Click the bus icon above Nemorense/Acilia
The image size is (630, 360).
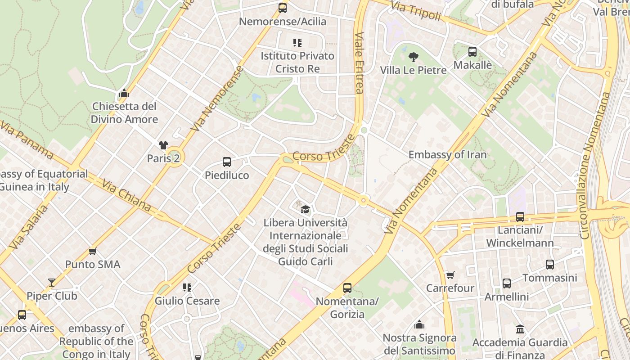coord(283,8)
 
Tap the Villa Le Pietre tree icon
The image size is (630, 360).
coord(413,57)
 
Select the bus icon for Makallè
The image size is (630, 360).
coord(472,52)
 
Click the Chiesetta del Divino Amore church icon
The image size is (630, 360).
coord(124,94)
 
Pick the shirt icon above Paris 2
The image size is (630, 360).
coord(163,145)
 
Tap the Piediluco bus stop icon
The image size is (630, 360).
coord(227,162)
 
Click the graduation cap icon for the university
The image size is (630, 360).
coord(305,209)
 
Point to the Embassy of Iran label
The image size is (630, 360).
coord(447,155)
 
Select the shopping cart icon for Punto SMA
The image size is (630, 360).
coord(93,251)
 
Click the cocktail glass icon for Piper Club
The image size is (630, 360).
coord(52,283)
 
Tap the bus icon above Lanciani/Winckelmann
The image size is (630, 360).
coord(520,217)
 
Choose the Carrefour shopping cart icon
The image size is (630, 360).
coord(450,275)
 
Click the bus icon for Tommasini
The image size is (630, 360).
coord(549,265)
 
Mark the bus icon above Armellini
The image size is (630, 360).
coord(506,283)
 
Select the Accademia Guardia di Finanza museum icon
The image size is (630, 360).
coord(520,329)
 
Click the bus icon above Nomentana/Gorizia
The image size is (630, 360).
coord(347,288)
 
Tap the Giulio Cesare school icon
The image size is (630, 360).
coord(187,288)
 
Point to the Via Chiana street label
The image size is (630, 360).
coord(126,196)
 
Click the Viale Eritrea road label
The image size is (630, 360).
coord(359,63)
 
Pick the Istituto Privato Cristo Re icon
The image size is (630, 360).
coord(297,43)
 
